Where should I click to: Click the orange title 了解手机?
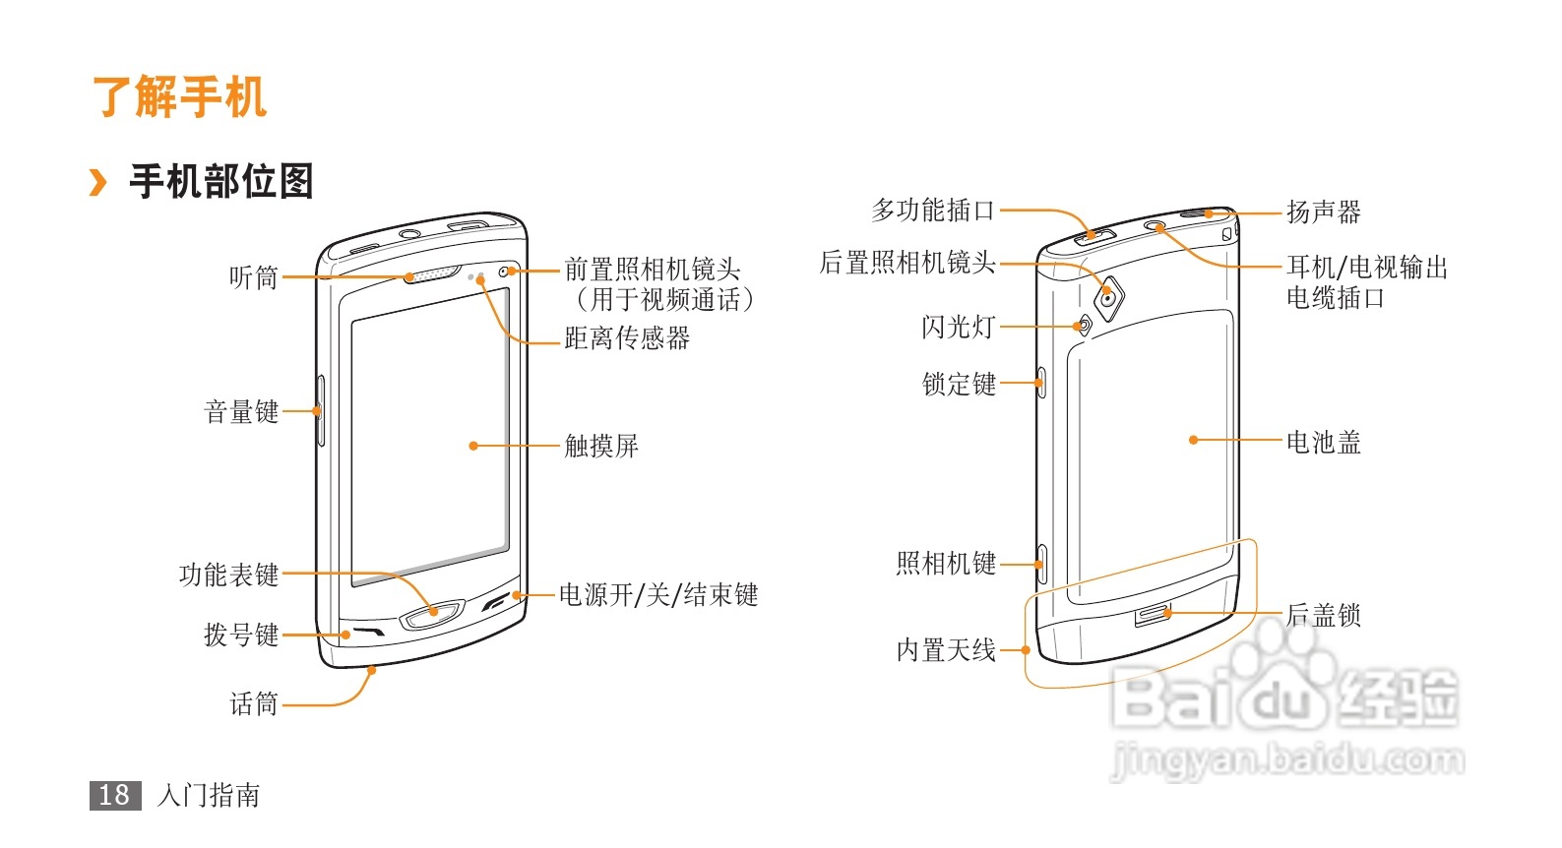click(x=179, y=97)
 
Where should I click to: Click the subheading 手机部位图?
click(x=220, y=182)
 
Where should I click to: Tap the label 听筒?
click(x=253, y=277)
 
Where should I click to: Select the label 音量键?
click(x=241, y=411)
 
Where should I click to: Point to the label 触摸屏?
click(x=601, y=446)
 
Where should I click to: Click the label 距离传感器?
click(x=627, y=338)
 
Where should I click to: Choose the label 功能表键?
click(x=228, y=575)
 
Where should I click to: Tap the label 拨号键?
click(x=241, y=635)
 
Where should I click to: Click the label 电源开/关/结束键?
click(x=658, y=594)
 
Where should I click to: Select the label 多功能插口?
click(x=933, y=210)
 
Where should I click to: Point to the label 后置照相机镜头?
click(x=907, y=263)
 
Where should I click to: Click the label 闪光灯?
click(x=959, y=327)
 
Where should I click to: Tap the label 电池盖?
click(x=1324, y=442)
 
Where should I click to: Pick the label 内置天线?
click(x=946, y=650)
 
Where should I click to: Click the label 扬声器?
click(x=1324, y=212)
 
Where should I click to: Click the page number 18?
click(x=114, y=795)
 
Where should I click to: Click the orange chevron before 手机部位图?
click(x=97, y=182)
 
